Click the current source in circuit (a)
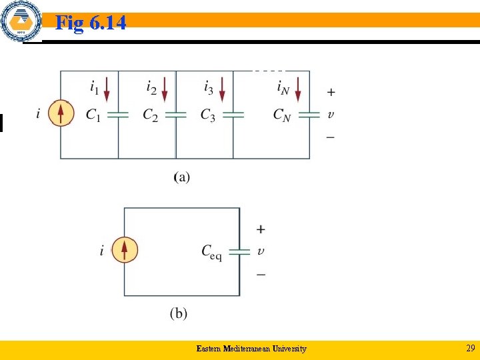point(61,114)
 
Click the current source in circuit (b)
point(124,251)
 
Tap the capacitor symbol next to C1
point(118,115)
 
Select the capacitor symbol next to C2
point(175,115)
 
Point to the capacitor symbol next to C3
point(233,115)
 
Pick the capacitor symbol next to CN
point(309,115)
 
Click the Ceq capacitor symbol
point(239,251)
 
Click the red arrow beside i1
point(107,88)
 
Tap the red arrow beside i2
point(165,88)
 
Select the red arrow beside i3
point(223,88)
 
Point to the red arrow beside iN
point(298,88)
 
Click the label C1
point(94,115)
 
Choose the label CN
point(282,115)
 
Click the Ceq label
point(211,252)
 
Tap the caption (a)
point(181,177)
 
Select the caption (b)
point(178,313)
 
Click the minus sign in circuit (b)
point(260,274)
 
